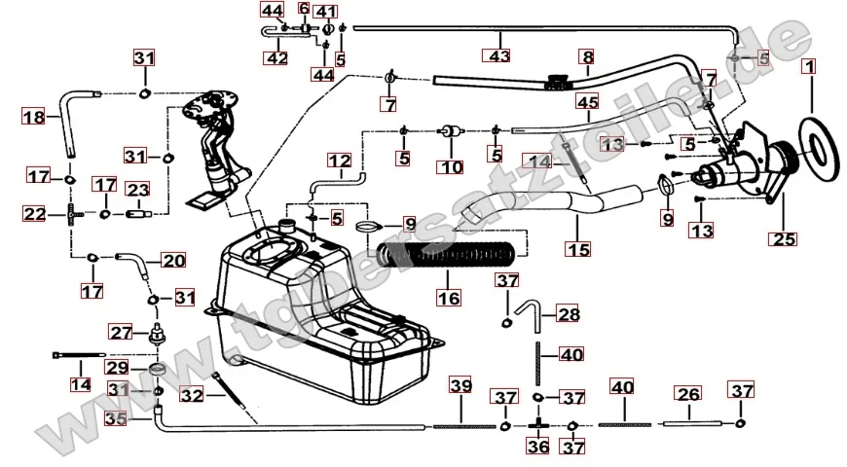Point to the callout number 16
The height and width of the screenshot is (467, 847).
[x=449, y=297]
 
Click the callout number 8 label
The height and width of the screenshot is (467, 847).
[x=587, y=57]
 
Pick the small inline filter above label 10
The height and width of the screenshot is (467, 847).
[x=450, y=130]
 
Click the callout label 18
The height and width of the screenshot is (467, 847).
[x=34, y=118]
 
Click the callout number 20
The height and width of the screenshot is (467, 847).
[x=172, y=261]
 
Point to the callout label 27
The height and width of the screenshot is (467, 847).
[x=120, y=332]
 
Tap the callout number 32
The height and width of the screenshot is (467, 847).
[x=193, y=395]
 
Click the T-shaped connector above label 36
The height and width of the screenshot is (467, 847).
[x=537, y=425]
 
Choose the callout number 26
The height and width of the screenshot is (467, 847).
[x=687, y=394]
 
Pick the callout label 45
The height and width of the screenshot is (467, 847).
[x=586, y=102]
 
